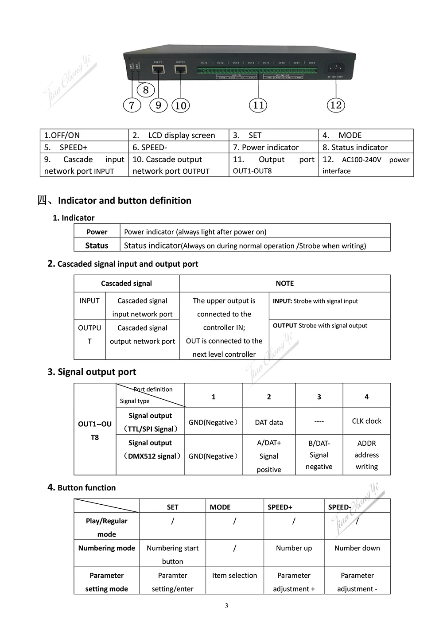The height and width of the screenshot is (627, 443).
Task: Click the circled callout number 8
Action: coord(146,90)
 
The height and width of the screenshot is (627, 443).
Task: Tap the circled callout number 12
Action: coord(336,105)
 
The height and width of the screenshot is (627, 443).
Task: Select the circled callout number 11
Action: coord(258,105)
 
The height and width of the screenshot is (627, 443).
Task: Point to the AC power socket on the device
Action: coord(336,68)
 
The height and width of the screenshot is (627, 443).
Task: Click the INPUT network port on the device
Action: coord(158,69)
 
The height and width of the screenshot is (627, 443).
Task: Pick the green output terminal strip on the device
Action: coord(257,70)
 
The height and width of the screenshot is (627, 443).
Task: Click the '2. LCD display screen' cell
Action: coord(179,135)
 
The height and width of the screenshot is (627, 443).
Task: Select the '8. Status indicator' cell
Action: coord(365,147)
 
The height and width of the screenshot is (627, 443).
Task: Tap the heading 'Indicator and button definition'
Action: coord(124,200)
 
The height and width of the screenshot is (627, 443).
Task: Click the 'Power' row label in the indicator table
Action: coord(97,232)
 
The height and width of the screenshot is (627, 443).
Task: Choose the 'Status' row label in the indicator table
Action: coord(97,245)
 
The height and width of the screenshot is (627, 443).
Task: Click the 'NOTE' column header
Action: coord(285,283)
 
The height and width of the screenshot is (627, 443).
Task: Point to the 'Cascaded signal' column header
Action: coord(126,283)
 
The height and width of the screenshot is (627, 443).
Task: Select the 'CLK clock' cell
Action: coord(366,421)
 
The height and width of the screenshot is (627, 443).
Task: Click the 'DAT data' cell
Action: coord(269,422)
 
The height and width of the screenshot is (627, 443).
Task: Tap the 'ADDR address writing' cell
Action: coord(366,455)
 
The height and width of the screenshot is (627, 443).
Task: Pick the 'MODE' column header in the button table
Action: coord(220,507)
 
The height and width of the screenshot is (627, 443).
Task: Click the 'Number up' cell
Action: coord(294,548)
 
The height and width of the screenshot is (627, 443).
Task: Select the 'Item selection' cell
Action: coord(234,575)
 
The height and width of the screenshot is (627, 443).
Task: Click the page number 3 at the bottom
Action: coord(226,606)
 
